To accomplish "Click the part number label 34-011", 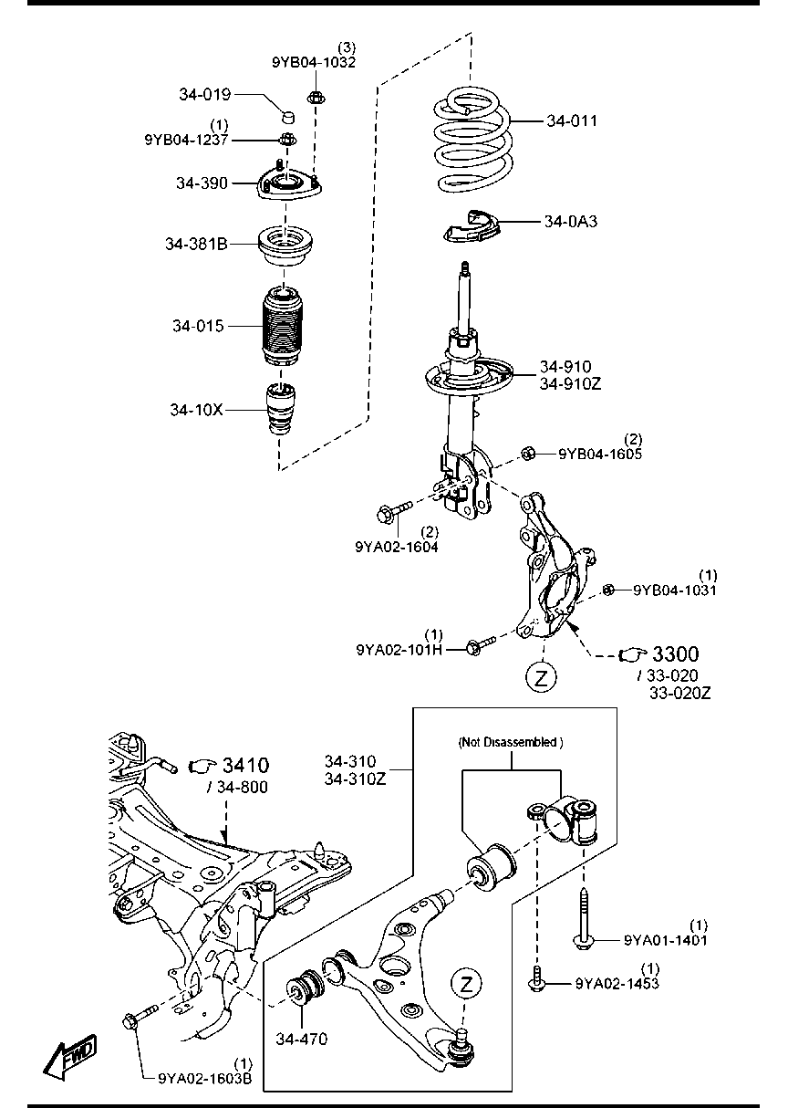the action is [572, 120].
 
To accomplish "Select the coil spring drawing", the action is [473, 139].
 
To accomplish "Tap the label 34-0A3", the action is [571, 221].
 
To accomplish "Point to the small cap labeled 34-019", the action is [287, 118].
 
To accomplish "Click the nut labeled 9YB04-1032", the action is [316, 98].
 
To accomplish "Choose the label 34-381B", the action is [196, 244].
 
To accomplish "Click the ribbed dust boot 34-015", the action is [282, 327].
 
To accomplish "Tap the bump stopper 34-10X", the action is [280, 410].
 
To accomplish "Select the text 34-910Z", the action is [571, 384].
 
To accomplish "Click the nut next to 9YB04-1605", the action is [527, 453].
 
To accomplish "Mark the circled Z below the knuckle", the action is [542, 677].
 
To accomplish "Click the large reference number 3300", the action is [675, 654].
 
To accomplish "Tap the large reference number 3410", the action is [245, 766].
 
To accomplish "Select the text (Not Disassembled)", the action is [511, 742].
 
